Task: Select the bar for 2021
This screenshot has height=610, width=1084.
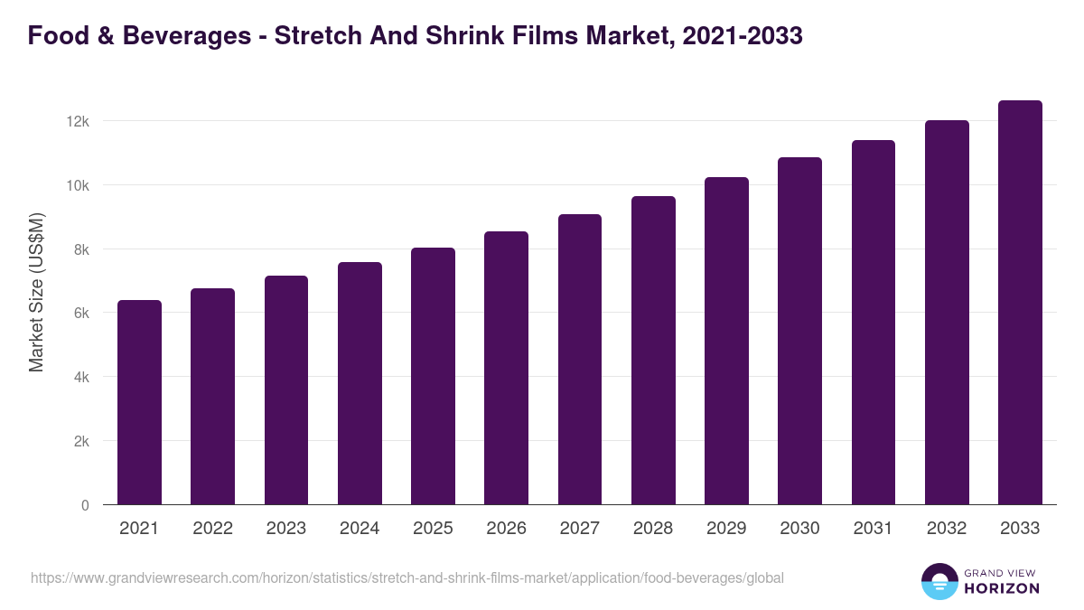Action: point(139,402)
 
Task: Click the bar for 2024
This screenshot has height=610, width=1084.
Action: point(360,383)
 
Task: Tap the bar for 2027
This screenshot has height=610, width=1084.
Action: point(580,360)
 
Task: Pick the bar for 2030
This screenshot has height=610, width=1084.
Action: point(800,331)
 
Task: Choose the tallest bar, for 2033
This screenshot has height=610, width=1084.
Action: point(1020,303)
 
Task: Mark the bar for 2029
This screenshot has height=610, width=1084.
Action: point(726,341)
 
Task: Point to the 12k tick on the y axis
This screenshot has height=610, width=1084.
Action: point(79,121)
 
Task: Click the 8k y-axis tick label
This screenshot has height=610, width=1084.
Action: point(81,249)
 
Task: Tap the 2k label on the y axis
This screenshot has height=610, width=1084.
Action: point(81,441)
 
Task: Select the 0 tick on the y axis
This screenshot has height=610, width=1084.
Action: point(85,505)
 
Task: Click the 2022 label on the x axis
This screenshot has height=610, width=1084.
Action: point(212,529)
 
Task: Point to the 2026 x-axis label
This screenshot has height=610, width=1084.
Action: point(506,529)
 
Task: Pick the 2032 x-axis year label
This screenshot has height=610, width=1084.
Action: point(947,529)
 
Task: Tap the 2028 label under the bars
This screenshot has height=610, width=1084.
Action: point(653,529)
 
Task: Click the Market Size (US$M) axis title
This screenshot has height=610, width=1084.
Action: point(36,293)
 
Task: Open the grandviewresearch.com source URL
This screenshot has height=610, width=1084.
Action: point(407,577)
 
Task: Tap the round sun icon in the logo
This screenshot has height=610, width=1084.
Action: point(939,581)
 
